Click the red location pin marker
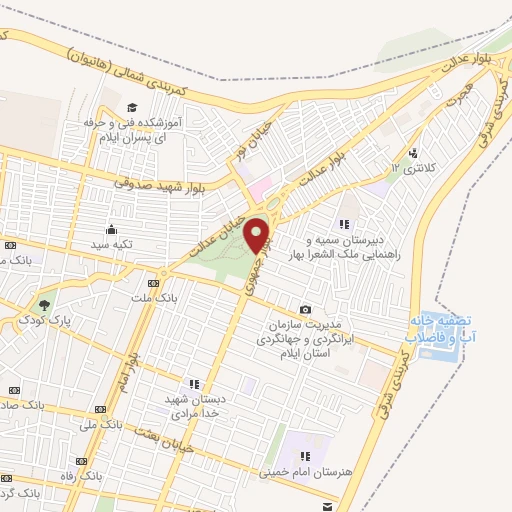[x=259, y=235]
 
